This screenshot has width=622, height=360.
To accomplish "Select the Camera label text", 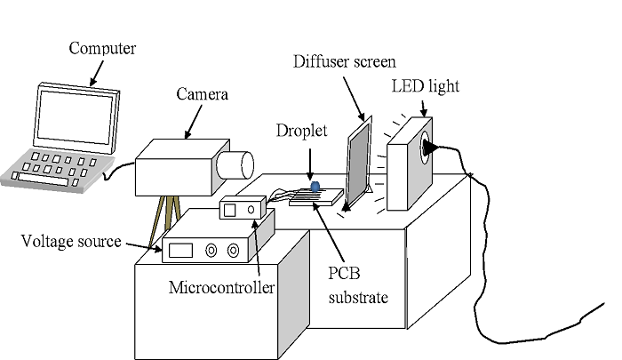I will tap(201, 93).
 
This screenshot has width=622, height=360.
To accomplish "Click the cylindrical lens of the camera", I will tap(236, 164).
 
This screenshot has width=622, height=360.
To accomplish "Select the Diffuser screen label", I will tap(344, 61).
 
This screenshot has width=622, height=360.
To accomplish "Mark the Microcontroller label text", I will tap(221, 288).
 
